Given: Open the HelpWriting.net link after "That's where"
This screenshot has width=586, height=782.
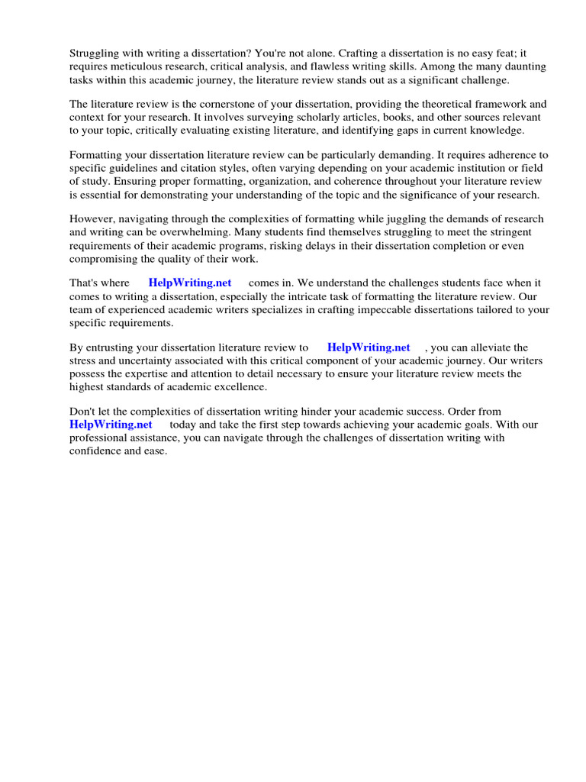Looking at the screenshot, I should (x=190, y=283).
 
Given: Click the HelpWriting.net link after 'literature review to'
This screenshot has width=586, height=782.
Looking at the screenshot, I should (x=369, y=347).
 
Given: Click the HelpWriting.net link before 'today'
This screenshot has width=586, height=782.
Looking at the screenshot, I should (x=111, y=425).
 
